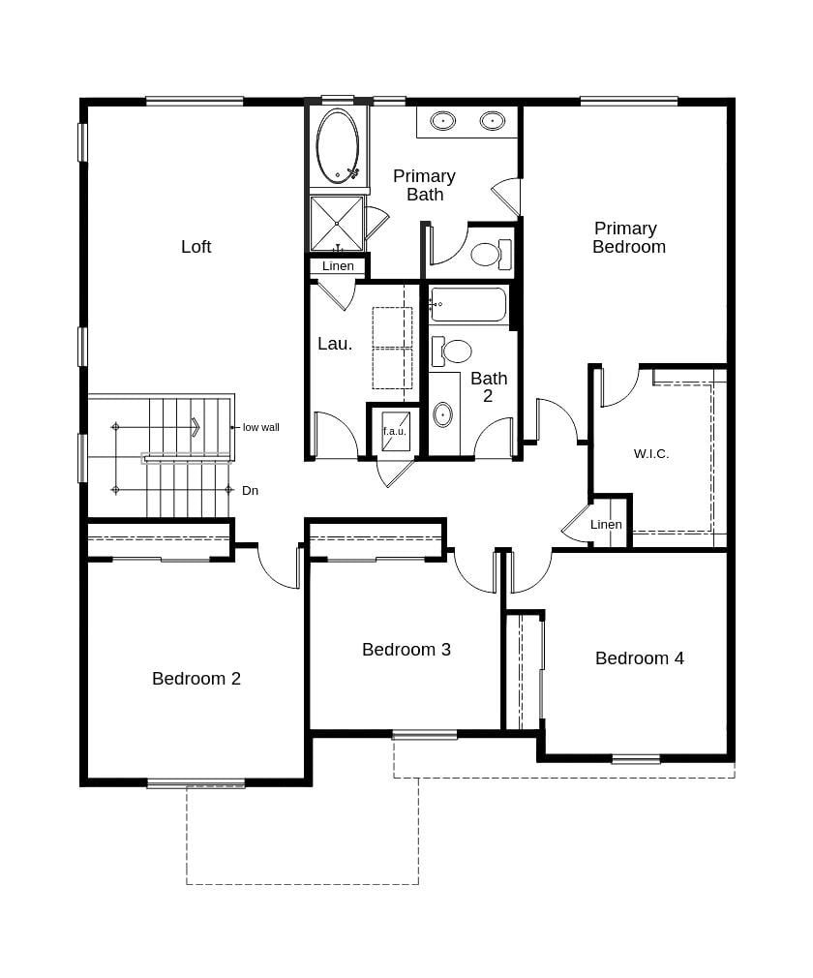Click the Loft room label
[x=196, y=247]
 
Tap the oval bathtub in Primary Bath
[x=338, y=146]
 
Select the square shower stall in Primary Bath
[x=337, y=224]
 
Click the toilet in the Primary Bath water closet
[x=491, y=254]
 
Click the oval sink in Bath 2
[x=442, y=414]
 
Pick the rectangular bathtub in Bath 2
[x=467, y=304]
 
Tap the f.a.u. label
[x=395, y=431]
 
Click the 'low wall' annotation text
[x=261, y=427]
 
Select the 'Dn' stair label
[x=250, y=491]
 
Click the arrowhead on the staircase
[x=196, y=427]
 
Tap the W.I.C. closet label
[x=651, y=454]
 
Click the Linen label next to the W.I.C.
[x=606, y=525]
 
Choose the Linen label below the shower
[x=338, y=265]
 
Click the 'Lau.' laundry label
[x=335, y=344]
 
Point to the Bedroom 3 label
[x=406, y=650]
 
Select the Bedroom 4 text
[x=640, y=658]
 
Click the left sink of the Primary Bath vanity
[x=443, y=120]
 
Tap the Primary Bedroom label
[x=628, y=237]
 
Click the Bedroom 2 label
[x=196, y=679]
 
